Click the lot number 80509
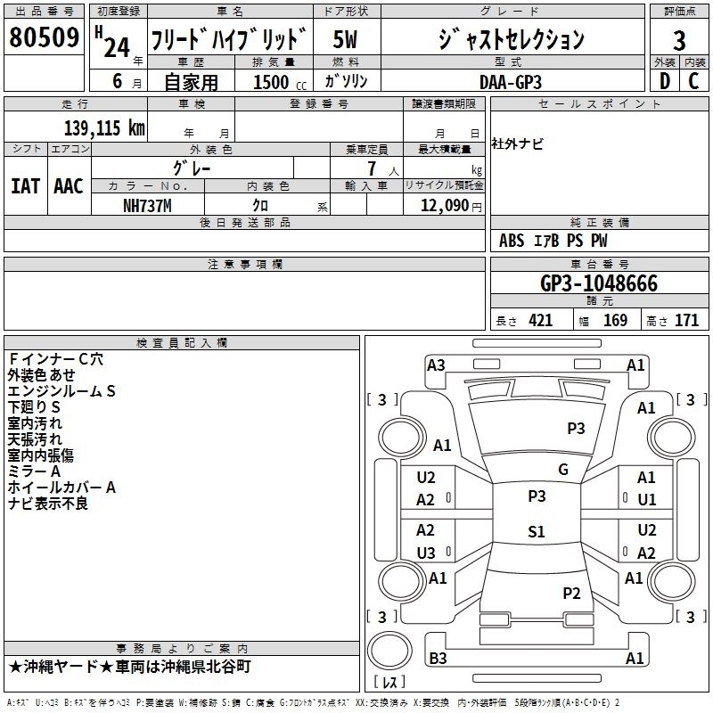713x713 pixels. coord(44,37)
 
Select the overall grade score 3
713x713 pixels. coord(679,40)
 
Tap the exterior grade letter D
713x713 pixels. coord(665,81)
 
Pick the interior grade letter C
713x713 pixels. coord(693,81)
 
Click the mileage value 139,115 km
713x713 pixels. coord(104,127)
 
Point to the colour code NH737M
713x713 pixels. coord(147,206)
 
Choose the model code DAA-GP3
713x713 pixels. coord(511,82)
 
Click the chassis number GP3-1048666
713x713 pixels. coord(599,283)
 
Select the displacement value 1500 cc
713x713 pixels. coord(280,82)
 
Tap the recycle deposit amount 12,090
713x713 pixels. coord(444,205)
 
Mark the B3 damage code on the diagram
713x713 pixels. coord(438,658)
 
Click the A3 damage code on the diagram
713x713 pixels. coord(436,365)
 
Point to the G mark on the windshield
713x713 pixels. coord(563,470)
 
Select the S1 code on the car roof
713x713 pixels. coord(537,531)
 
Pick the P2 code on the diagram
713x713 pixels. coord(571,593)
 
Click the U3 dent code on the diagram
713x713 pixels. coord(426,553)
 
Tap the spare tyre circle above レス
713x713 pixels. coord(389,652)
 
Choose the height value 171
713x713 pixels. coord(686,320)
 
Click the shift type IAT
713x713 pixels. coord(25,186)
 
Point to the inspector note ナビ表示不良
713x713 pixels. coord(48,504)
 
